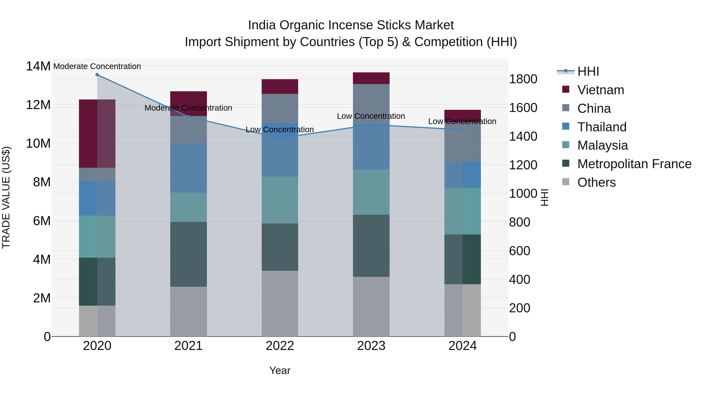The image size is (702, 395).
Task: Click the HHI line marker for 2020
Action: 97,75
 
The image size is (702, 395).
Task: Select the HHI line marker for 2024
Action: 463,130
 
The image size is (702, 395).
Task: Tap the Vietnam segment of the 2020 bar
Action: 97,134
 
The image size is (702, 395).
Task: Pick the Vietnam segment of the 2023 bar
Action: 371,78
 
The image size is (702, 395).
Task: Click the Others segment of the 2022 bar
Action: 280,303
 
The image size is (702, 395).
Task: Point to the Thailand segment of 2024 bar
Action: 463,175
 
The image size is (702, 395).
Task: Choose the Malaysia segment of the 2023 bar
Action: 371,192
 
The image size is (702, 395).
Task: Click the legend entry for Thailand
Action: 602,127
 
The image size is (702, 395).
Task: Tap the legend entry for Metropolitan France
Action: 634,164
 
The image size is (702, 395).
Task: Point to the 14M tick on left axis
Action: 38,66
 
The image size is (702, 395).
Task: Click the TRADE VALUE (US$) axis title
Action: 6,197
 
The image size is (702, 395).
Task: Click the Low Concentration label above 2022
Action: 280,130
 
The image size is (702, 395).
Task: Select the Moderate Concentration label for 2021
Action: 188,108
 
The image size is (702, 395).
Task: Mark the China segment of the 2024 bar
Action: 463,142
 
